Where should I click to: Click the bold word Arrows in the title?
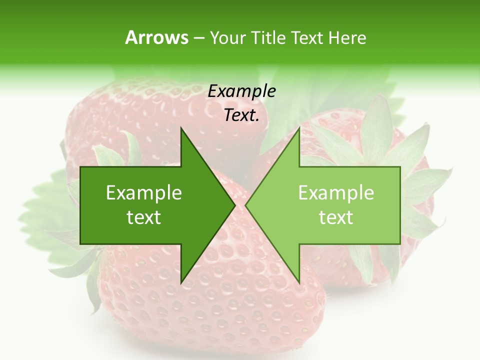coord(156,37)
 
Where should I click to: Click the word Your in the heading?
coord(228,37)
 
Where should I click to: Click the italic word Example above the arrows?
coord(241,91)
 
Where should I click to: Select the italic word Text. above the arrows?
coord(241,115)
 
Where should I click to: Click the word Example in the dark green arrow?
coord(144,193)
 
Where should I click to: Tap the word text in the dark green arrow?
coord(144,217)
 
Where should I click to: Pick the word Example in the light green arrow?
coord(336,193)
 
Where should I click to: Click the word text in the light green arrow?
coord(336,217)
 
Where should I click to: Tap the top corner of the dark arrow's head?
coord(181,128)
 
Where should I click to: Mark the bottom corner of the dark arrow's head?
coord(181,282)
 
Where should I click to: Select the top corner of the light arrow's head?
coord(299,128)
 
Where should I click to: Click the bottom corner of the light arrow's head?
coord(299,282)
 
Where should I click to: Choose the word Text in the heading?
coord(307,37)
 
